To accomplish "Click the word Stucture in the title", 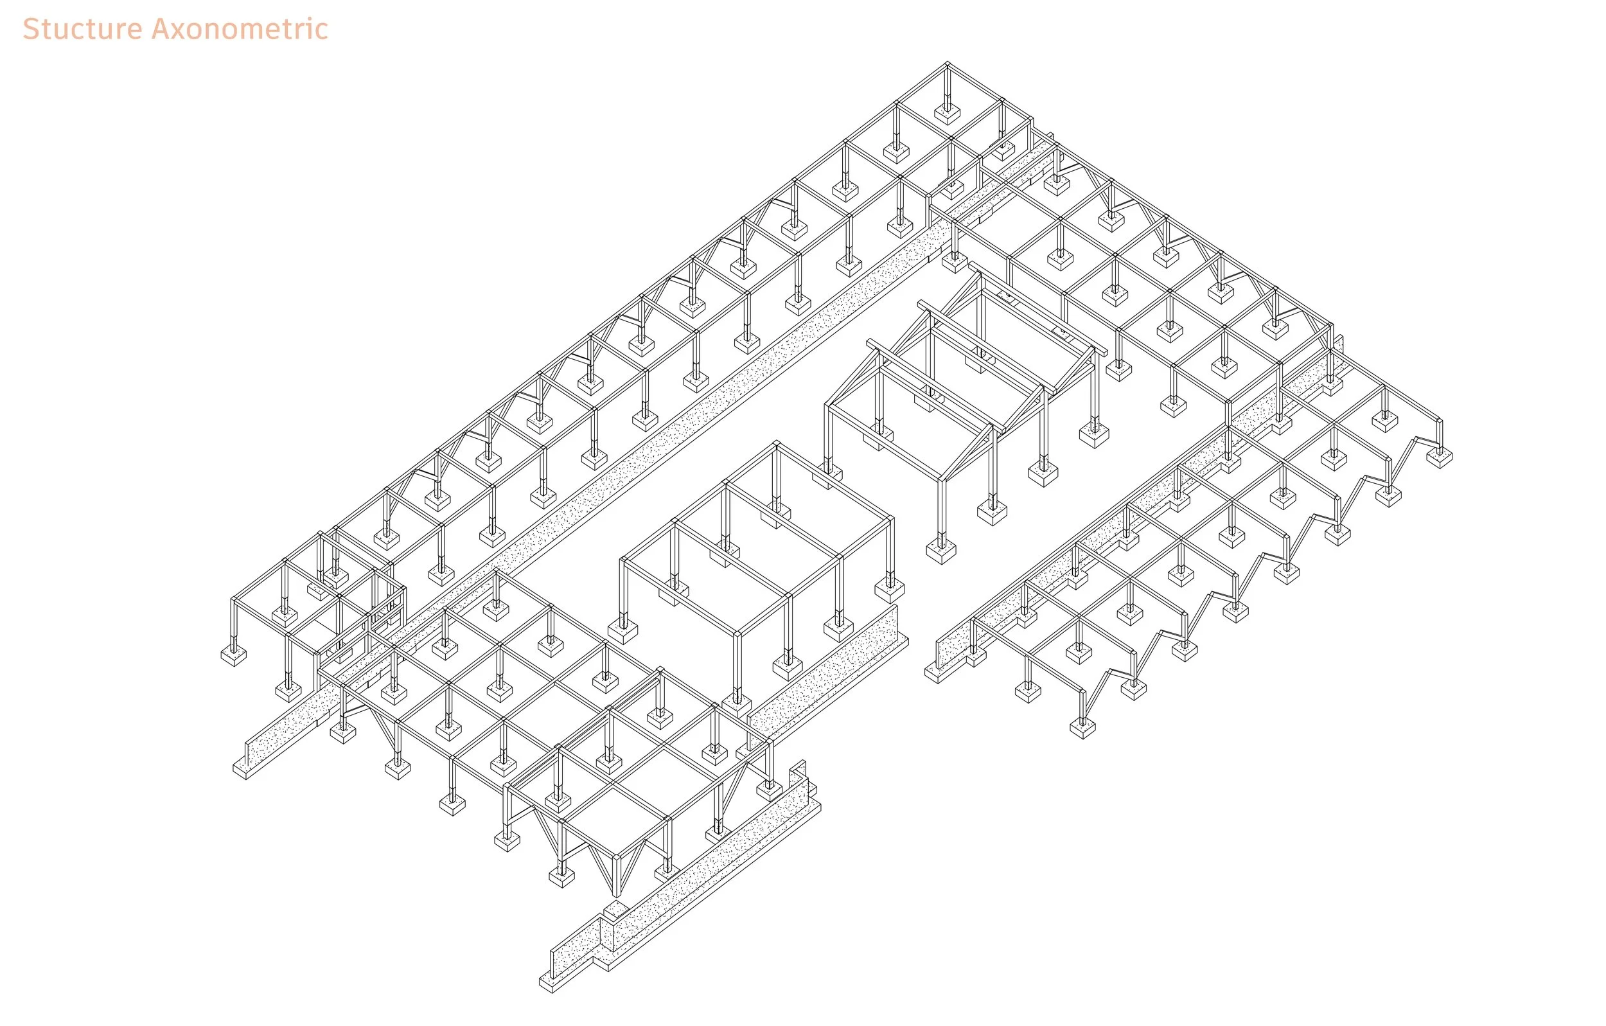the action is tap(83, 30).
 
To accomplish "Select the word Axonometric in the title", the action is tap(240, 30).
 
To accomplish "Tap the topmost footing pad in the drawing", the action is tap(946, 114).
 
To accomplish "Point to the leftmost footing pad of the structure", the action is tap(233, 655).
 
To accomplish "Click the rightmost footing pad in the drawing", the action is tap(1438, 457).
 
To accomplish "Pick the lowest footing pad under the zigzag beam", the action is tap(1082, 728).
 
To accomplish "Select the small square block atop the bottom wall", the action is tap(615, 909).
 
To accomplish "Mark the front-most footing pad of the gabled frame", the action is tap(940, 552).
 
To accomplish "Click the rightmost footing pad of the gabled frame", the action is tap(1094, 436).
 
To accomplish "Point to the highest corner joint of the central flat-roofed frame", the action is tap(775, 445).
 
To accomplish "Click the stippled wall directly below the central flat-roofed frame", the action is tap(827, 674).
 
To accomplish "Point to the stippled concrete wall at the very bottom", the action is tap(680, 894).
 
